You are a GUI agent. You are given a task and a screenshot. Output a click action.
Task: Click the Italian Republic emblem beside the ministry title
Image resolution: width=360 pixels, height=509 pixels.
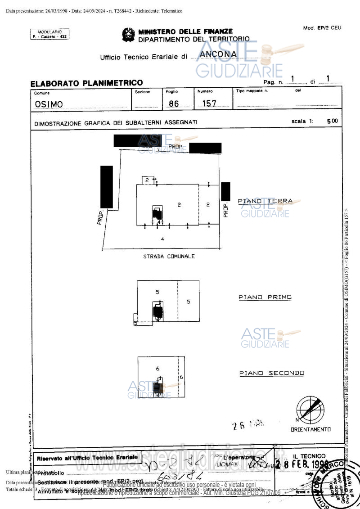coord(128,35)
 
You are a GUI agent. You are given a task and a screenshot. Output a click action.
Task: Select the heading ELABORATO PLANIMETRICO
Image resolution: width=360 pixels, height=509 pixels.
coord(86,83)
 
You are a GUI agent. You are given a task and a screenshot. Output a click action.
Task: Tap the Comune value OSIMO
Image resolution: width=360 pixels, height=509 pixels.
coord(49,104)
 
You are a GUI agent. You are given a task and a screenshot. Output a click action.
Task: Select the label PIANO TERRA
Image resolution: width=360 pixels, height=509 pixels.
coord(265,201)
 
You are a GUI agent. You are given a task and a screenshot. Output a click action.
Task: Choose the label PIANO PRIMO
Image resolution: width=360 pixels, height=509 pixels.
coord(265,297)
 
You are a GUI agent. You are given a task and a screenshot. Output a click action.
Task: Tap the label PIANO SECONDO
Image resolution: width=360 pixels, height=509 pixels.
coord(271,373)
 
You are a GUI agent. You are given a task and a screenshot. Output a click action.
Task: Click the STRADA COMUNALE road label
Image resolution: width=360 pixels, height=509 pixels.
coord(169,256)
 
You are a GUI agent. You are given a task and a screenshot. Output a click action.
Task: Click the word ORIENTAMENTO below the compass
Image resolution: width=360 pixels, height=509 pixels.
coord(310,429)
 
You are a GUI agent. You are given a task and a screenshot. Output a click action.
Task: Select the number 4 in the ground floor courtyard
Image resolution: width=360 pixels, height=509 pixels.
coord(162,239)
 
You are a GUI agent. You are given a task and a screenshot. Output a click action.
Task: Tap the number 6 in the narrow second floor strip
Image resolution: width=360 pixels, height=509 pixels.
coord(181,377)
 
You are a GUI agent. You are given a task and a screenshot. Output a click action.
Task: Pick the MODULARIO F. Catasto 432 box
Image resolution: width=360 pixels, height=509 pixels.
coord(50,34)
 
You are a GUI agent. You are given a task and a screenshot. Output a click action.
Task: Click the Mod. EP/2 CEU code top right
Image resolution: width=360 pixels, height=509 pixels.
coord(322,28)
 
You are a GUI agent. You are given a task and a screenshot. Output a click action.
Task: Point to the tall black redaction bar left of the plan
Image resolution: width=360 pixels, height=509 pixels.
coord(107,187)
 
